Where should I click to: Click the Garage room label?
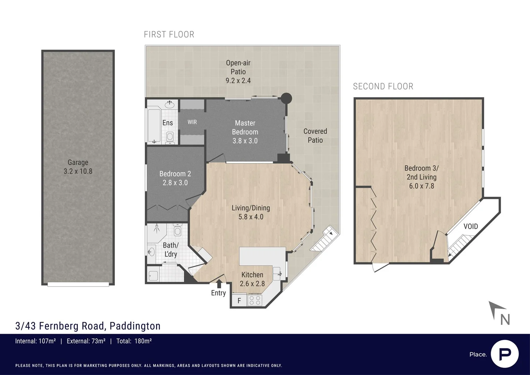point(78,162)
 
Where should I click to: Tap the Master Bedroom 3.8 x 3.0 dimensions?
point(245,141)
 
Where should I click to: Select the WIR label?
point(192,122)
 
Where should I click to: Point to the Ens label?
point(168,123)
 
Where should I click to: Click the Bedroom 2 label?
point(175,174)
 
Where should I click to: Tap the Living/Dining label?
point(251,208)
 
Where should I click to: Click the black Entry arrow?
point(219,284)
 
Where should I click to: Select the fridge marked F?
point(239,301)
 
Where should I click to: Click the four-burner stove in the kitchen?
point(255,300)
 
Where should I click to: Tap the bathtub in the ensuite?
point(154,126)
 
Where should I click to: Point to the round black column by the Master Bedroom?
point(286,98)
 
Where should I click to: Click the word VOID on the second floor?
point(471,226)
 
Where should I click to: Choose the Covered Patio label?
point(315,135)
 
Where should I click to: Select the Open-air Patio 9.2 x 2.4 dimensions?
point(238,81)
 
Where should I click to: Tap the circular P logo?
point(505,354)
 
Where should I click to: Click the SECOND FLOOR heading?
point(383,86)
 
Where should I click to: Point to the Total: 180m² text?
point(134,341)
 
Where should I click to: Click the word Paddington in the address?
point(135,326)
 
